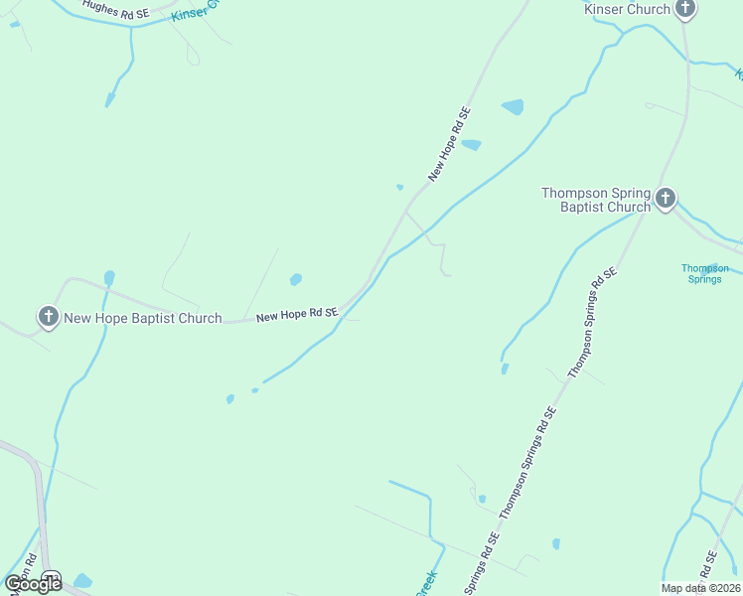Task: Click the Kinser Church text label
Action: [x=627, y=10]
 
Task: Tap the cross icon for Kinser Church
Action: [x=685, y=9]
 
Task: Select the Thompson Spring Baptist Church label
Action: [x=596, y=200]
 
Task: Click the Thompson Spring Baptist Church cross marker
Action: [x=666, y=200]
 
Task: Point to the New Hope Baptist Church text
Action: [x=143, y=319]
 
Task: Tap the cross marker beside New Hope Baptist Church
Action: [x=48, y=318]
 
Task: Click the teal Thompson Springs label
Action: [x=704, y=273]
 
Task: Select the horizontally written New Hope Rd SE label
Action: [x=297, y=315]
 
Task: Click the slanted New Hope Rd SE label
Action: [x=448, y=144]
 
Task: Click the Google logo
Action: [x=33, y=584]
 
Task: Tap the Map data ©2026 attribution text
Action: [x=701, y=588]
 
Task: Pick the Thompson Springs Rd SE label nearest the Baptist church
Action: [x=593, y=321]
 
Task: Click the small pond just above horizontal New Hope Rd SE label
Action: [x=295, y=280]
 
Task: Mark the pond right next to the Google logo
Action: [x=82, y=581]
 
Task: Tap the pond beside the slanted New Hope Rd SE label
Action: [x=471, y=145]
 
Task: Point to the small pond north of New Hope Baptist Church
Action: [x=109, y=278]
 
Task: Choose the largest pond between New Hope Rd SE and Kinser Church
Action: [x=513, y=107]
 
